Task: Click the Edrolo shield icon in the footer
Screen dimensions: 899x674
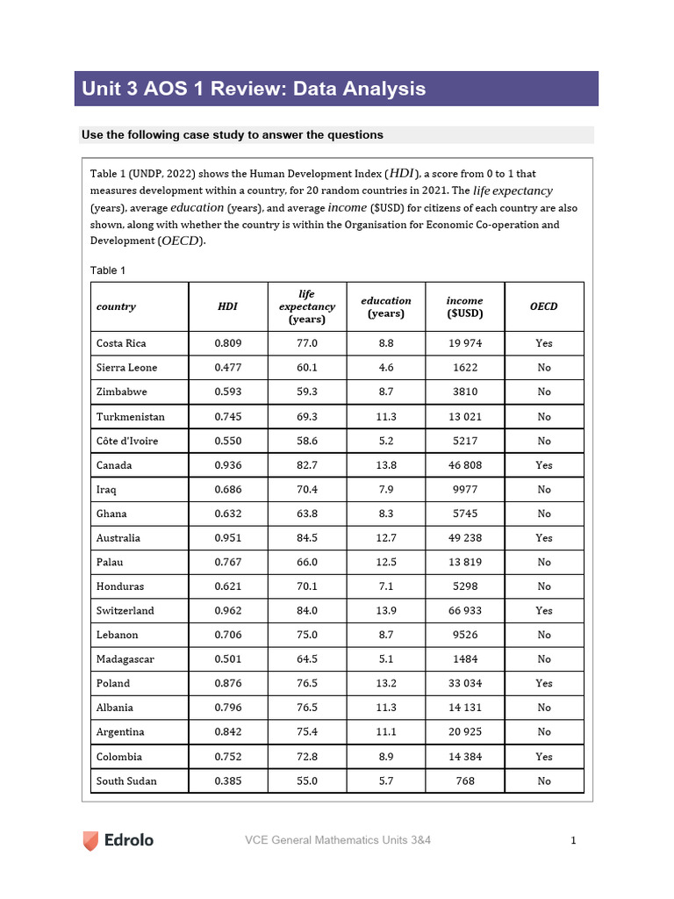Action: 91,840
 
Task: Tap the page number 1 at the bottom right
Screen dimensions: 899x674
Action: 573,841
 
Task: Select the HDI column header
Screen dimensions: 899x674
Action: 227,306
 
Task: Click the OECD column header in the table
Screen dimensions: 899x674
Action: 543,306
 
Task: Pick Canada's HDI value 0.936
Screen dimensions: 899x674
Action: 227,465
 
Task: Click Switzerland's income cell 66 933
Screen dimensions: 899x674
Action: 464,610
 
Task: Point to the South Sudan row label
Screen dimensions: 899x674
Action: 127,780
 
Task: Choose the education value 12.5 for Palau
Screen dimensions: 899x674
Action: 385,562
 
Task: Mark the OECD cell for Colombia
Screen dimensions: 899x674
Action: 543,757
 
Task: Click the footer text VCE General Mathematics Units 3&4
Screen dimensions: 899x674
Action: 337,841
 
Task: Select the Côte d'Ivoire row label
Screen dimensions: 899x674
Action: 127,441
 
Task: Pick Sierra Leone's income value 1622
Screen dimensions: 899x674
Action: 464,368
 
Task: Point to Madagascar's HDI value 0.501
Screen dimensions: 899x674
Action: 227,659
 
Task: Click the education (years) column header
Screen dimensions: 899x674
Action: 385,306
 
